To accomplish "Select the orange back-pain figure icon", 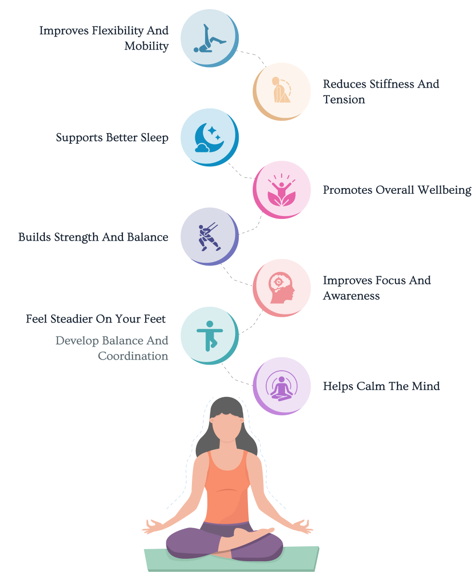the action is [x=281, y=90].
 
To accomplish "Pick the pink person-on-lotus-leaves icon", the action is [x=282, y=190].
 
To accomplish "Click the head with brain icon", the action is [x=282, y=288].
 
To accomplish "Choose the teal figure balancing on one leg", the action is [x=209, y=336].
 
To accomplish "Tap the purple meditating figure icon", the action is [x=282, y=386].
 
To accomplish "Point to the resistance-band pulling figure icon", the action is [x=209, y=237].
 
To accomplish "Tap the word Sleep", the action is [x=154, y=138].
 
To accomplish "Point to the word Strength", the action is [x=76, y=237].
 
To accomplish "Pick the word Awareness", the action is [x=352, y=296].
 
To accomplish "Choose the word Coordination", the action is [x=133, y=356].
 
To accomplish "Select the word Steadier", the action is [x=72, y=319].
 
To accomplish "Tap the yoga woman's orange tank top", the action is [x=227, y=487].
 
